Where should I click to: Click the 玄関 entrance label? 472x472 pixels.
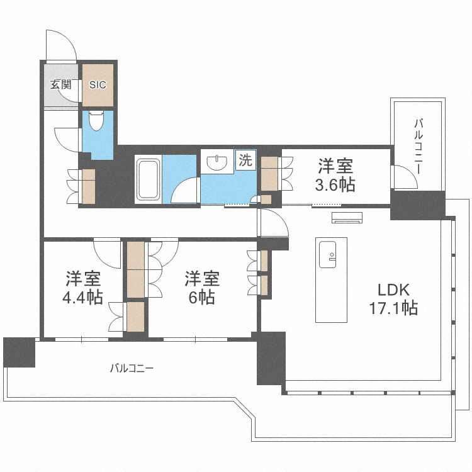click(x=61, y=84)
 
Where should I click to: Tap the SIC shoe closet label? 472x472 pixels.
click(x=98, y=84)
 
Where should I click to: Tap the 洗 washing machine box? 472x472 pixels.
click(x=245, y=160)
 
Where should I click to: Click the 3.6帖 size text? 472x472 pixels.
click(x=335, y=185)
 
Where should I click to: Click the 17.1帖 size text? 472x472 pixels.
click(x=393, y=308)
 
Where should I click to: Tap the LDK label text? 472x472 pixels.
click(x=393, y=290)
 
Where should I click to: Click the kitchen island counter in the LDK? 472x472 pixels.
click(x=333, y=279)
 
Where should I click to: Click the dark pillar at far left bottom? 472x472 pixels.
click(x=18, y=352)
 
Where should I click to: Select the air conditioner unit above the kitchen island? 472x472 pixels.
click(x=347, y=218)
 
